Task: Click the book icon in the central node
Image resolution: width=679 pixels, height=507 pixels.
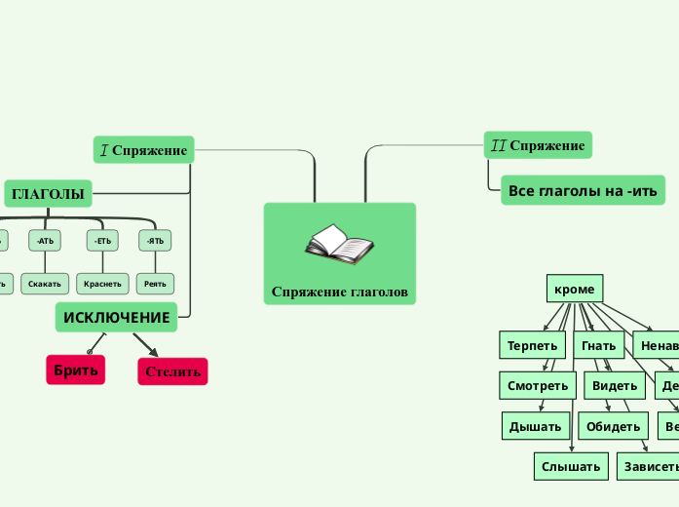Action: pyautogui.click(x=339, y=244)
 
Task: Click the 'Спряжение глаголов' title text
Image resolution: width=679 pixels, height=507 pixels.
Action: pyautogui.click(x=339, y=292)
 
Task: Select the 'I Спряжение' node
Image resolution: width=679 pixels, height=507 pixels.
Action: pyautogui.click(x=144, y=150)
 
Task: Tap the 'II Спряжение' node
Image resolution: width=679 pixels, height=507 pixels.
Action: pyautogui.click(x=538, y=146)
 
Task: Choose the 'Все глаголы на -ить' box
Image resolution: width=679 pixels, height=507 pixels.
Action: pyautogui.click(x=583, y=190)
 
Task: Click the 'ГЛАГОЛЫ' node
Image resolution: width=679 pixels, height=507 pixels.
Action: pyautogui.click(x=48, y=194)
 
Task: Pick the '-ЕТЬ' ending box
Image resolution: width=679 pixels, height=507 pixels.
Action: pyautogui.click(x=102, y=240)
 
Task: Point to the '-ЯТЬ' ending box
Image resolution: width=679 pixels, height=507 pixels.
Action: pyautogui.click(x=155, y=240)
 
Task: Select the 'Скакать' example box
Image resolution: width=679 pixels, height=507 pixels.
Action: pyautogui.click(x=46, y=284)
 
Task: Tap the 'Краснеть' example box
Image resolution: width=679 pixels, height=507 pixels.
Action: pyautogui.click(x=102, y=284)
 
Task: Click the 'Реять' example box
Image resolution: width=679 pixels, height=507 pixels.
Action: pyautogui.click(x=155, y=284)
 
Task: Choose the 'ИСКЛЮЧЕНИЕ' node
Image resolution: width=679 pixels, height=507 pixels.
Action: pyautogui.click(x=117, y=317)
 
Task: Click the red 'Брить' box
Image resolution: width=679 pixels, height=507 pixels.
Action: pyautogui.click(x=75, y=370)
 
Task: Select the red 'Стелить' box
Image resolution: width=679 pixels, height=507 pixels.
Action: pyautogui.click(x=172, y=371)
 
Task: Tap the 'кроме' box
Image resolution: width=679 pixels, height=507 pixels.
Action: pyautogui.click(x=574, y=289)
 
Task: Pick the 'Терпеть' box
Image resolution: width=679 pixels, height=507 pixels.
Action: pyautogui.click(x=532, y=345)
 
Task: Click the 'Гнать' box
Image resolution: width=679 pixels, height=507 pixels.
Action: pyautogui.click(x=599, y=345)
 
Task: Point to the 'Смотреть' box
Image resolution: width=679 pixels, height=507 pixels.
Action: pyautogui.click(x=537, y=386)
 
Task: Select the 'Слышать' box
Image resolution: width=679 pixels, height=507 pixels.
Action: pyautogui.click(x=571, y=467)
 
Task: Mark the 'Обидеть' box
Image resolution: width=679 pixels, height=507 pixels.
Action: pyautogui.click(x=613, y=426)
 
